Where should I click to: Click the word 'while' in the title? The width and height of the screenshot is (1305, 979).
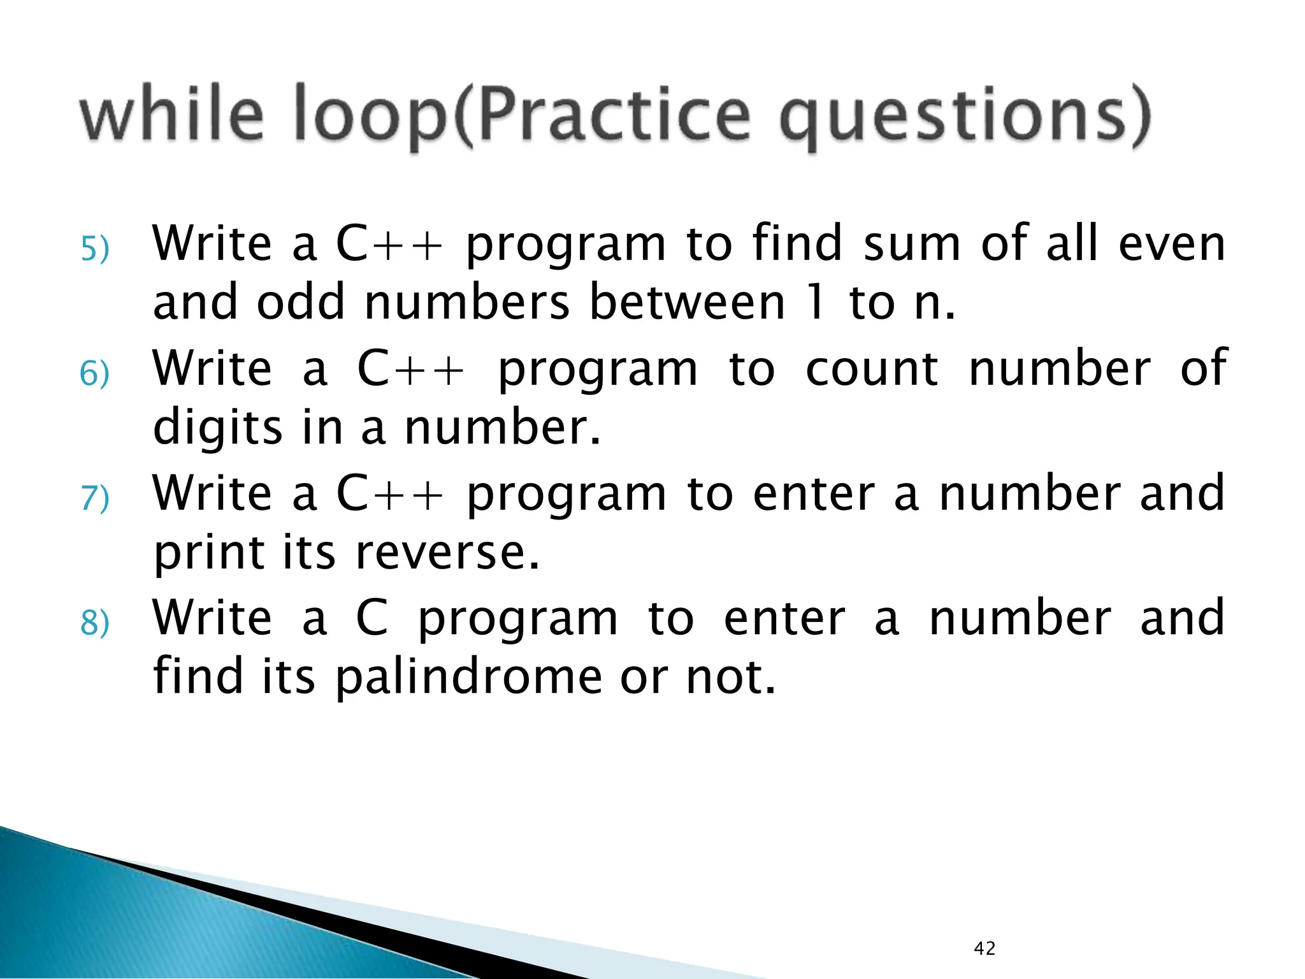pyautogui.click(x=171, y=115)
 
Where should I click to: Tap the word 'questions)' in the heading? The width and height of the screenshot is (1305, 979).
pyautogui.click(x=965, y=117)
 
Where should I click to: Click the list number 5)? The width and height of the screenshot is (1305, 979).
pyautogui.click(x=95, y=249)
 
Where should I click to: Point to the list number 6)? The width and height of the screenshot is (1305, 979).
pyautogui.click(x=95, y=373)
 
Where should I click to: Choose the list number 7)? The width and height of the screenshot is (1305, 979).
pyautogui.click(x=95, y=498)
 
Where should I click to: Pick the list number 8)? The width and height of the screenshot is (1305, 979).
pyautogui.click(x=95, y=622)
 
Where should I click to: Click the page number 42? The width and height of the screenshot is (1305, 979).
pyautogui.click(x=984, y=948)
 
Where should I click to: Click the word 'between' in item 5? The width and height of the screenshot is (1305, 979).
pyautogui.click(x=687, y=302)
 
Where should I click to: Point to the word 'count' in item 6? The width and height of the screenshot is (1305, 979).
pyautogui.click(x=871, y=368)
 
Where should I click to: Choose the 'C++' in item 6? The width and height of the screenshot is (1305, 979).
pyautogui.click(x=410, y=368)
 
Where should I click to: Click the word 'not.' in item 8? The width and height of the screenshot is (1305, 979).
pyautogui.click(x=731, y=677)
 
